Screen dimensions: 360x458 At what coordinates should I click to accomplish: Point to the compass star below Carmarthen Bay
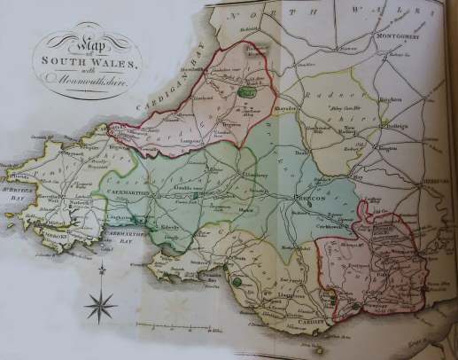tap(100, 307)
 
